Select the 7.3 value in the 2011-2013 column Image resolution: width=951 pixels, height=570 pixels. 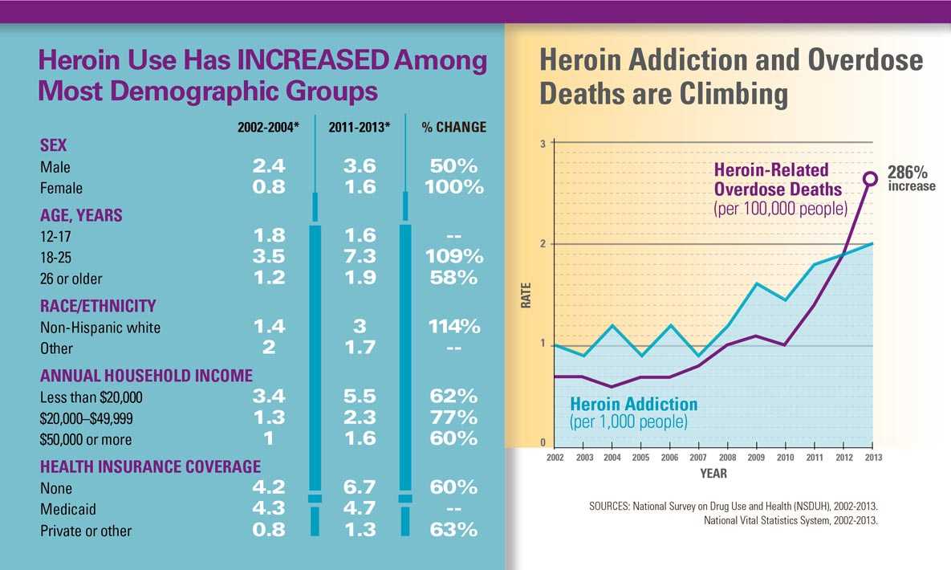pos(358,257)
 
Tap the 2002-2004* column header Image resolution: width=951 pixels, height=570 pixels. pos(268,128)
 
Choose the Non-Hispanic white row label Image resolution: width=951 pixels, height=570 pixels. pos(100,328)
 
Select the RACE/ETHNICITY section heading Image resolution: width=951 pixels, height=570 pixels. pos(98,306)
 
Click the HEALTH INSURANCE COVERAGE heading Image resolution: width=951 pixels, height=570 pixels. pos(150,466)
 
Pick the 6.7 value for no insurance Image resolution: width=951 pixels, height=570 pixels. pos(358,488)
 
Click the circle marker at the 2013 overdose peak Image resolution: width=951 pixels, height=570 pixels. pos(870,178)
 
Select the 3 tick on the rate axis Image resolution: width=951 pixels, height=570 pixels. pos(543,144)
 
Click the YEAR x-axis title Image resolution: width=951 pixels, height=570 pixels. pos(713,474)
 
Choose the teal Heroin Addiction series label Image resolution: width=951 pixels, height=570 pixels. pos(633,404)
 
